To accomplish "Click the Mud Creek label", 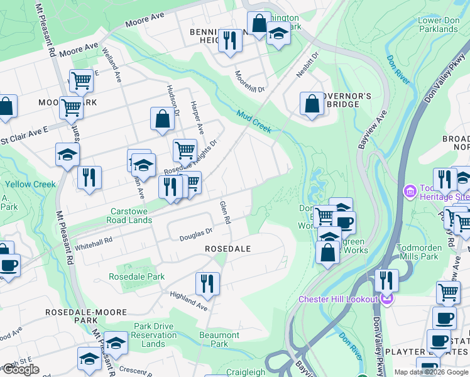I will click(x=254, y=121).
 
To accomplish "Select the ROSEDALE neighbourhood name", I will click(x=227, y=249).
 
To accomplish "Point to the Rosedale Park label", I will click(x=136, y=276).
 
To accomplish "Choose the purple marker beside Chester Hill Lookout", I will click(x=386, y=299).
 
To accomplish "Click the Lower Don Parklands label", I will click(x=438, y=25).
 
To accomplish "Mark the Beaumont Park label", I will click(x=219, y=339).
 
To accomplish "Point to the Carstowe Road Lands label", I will click(x=131, y=216).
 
